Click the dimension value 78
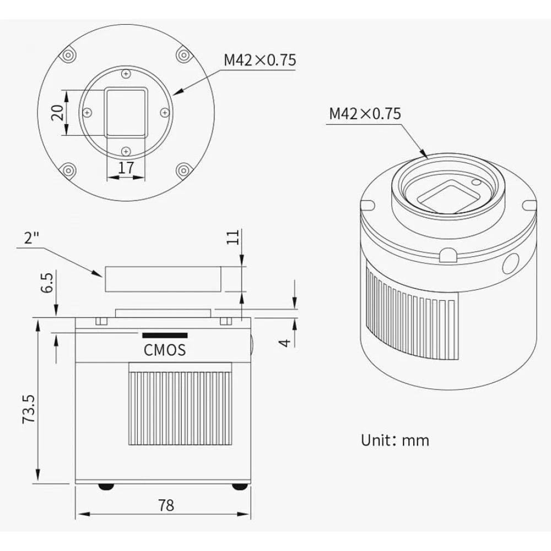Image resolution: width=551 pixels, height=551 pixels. [165, 504]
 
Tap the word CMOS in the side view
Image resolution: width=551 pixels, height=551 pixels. [165, 349]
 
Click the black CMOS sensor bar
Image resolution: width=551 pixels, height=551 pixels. [165, 335]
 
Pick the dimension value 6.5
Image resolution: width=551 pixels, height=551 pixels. [48, 282]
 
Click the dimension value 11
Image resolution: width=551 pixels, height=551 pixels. [234, 237]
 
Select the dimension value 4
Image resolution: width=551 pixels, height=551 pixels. [284, 342]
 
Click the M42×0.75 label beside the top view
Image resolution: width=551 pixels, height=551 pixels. [260, 60]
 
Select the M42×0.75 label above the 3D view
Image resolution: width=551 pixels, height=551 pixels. [365, 114]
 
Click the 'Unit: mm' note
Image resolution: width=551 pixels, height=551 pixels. [395, 440]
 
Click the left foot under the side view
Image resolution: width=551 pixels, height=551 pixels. [106, 487]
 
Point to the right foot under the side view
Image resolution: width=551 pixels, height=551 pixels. [238, 487]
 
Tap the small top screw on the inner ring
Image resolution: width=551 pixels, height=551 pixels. [126, 74]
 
